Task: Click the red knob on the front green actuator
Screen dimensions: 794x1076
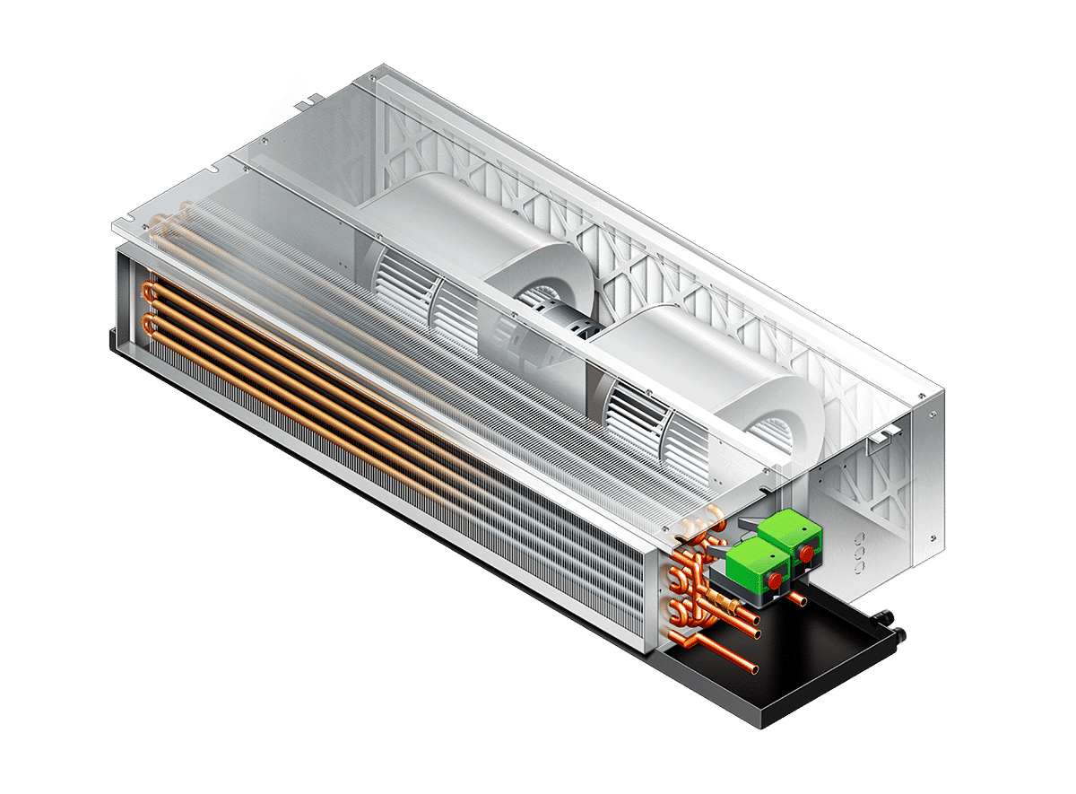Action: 773,580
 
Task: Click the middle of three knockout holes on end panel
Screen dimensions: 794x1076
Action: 861,554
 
